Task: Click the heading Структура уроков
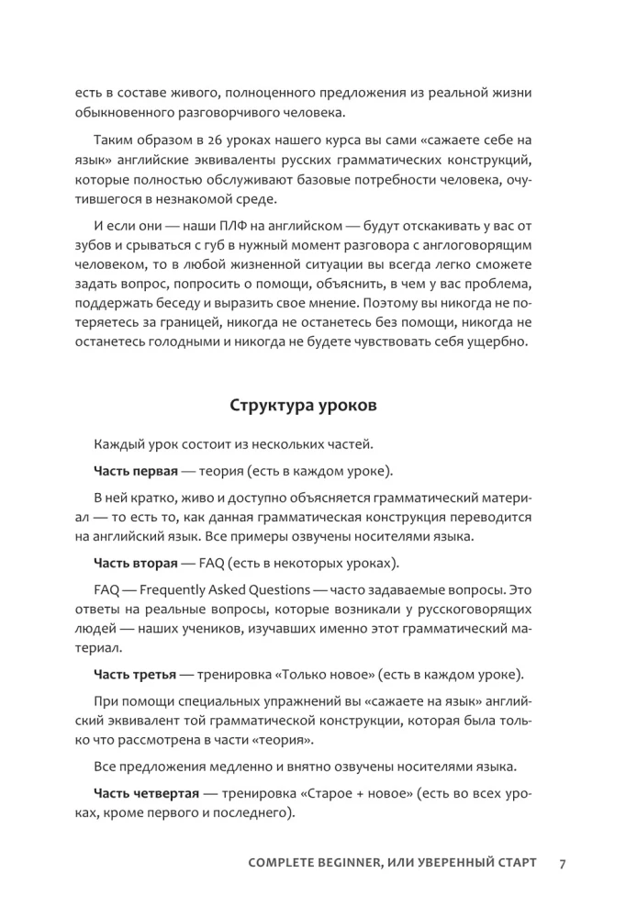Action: tap(312, 405)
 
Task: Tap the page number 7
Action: tap(562, 864)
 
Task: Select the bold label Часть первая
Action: tap(135, 472)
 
